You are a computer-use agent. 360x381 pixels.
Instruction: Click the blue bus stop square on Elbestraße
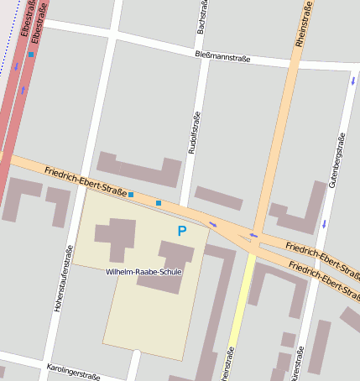coord(31,55)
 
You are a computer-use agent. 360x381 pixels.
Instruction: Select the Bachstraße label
coord(201,18)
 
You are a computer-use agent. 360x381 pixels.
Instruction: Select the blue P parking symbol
coord(181,231)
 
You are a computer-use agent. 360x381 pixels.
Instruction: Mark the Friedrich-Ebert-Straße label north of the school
coord(86,181)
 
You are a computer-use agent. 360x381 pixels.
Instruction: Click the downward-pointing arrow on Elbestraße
coord(15,65)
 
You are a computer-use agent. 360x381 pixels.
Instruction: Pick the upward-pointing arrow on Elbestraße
coord(23,88)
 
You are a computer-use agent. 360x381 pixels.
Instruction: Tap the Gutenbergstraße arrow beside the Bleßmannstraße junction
coord(353,80)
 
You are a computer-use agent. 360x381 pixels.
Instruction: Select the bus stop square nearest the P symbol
coord(158,203)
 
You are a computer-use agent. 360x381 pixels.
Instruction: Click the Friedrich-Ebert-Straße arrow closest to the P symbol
coord(212,223)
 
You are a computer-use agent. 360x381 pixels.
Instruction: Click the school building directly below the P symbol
coord(175,260)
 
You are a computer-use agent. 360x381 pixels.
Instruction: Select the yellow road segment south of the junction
coord(238,311)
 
